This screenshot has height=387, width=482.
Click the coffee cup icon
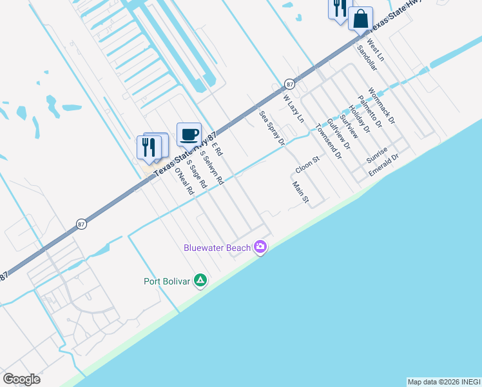[x=189, y=134]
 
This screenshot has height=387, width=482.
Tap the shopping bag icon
[x=361, y=18]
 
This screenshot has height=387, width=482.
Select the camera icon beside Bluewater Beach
[x=260, y=246]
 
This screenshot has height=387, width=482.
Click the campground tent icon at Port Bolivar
[x=200, y=281]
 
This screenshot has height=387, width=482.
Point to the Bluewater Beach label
[x=217, y=247]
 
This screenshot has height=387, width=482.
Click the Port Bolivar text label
[x=167, y=281]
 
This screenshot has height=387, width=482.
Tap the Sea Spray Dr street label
[x=271, y=128]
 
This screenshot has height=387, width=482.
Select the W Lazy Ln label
[x=293, y=109]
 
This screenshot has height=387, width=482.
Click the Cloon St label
[x=307, y=164]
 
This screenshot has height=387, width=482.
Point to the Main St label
[x=300, y=192]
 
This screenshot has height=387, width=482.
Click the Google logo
[x=21, y=379]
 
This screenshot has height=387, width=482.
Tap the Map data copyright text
[x=443, y=382]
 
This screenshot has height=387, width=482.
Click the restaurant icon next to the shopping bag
[x=339, y=8]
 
